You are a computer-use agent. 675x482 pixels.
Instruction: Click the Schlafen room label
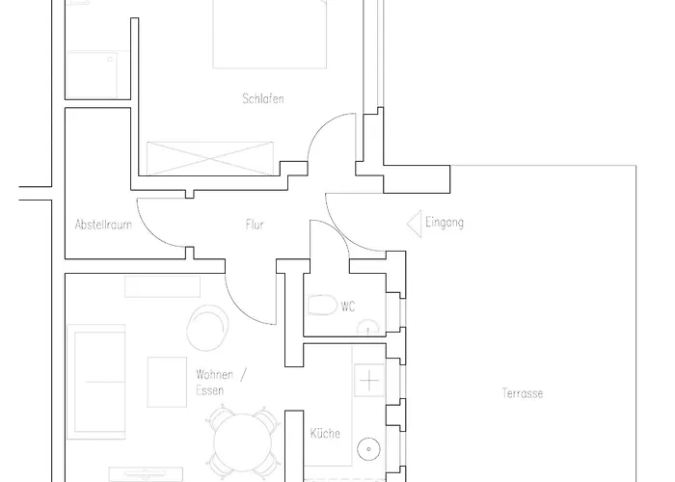click(x=263, y=98)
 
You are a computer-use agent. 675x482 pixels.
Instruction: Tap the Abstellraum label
click(x=103, y=225)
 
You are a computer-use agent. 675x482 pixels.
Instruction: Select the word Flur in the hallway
click(x=255, y=225)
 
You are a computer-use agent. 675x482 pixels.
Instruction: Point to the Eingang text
click(x=445, y=223)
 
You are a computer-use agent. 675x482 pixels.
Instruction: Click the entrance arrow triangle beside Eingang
click(x=415, y=224)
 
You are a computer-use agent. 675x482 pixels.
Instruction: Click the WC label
click(x=348, y=307)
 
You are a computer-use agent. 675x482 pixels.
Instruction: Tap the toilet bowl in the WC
click(x=322, y=306)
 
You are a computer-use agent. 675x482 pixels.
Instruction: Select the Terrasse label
click(x=523, y=393)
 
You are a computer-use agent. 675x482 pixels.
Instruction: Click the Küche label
click(x=325, y=433)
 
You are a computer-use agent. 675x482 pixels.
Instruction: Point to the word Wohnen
click(x=214, y=374)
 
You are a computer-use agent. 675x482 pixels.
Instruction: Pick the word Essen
click(x=209, y=390)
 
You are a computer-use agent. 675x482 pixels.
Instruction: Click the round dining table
click(x=242, y=442)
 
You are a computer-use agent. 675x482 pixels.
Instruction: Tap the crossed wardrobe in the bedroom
click(x=210, y=158)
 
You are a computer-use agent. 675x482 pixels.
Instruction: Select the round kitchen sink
click(x=369, y=449)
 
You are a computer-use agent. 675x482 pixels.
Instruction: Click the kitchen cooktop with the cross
click(x=369, y=381)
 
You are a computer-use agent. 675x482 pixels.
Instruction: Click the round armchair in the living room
click(x=207, y=328)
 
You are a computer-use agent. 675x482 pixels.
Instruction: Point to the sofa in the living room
click(x=96, y=382)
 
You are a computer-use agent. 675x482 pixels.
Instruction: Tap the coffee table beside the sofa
click(x=167, y=382)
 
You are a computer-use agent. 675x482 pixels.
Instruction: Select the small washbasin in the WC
click(x=368, y=328)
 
